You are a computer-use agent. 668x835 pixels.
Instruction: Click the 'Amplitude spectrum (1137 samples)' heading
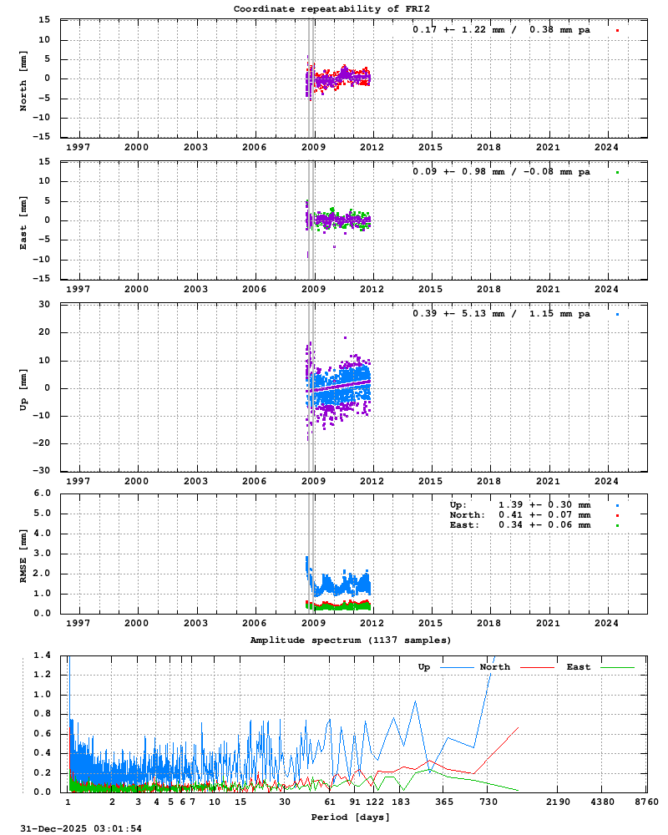(351, 640)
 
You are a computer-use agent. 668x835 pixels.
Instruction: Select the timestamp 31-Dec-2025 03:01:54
(81, 828)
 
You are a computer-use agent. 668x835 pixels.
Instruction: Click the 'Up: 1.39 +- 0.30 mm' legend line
(519, 505)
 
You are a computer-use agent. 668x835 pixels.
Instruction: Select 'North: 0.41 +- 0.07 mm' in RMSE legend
(519, 515)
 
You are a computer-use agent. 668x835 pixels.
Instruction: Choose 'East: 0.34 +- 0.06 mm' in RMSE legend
(519, 525)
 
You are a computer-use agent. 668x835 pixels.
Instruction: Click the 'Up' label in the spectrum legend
(424, 667)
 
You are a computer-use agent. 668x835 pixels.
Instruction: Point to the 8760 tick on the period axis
(646, 802)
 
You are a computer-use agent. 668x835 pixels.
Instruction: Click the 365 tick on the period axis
(444, 802)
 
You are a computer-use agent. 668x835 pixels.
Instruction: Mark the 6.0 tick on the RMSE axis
(43, 493)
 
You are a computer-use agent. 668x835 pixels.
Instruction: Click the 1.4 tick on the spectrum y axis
(43, 655)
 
